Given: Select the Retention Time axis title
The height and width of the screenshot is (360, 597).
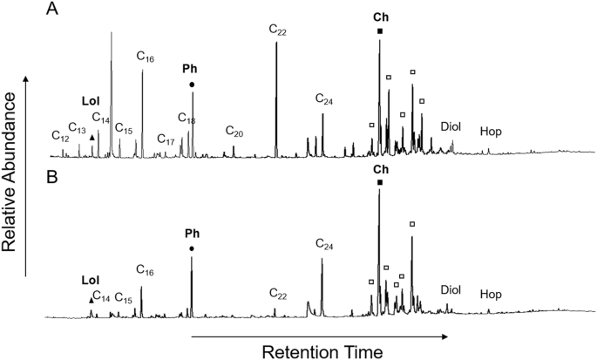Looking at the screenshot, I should click(322, 350).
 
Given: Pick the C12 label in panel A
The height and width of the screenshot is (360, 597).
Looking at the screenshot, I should click(60, 136).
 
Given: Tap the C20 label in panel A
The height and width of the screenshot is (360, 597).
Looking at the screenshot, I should click(234, 132).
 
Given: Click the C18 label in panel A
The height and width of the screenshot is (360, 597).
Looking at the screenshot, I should click(187, 118).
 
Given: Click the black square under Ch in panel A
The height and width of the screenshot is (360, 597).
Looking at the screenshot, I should click(380, 32).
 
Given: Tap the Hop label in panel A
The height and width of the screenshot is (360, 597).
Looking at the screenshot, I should click(492, 132).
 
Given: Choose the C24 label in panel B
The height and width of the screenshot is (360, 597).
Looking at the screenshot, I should click(323, 246).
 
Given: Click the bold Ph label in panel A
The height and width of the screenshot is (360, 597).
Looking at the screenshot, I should click(190, 68).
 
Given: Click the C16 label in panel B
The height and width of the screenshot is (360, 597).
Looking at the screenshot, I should click(146, 273).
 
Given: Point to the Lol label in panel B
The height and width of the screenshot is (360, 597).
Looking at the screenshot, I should click(91, 280).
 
